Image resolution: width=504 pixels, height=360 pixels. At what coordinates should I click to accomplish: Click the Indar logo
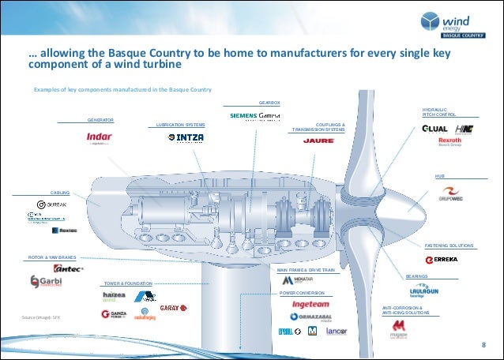click(98, 138)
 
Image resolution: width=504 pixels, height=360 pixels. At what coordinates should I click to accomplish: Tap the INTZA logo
click(186, 137)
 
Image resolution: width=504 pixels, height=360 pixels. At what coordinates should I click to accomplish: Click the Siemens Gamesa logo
click(261, 116)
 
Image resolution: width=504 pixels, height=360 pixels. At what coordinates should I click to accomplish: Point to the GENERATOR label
click(100, 120)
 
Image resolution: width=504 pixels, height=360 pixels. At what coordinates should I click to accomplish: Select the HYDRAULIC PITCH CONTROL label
click(438, 113)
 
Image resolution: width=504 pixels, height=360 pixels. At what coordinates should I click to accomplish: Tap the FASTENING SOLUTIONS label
click(449, 245)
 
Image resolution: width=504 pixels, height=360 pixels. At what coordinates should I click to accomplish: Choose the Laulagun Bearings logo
click(425, 291)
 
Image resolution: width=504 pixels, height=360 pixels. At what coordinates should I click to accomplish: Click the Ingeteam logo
click(310, 302)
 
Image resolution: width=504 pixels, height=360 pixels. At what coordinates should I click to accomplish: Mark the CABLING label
click(61, 192)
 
